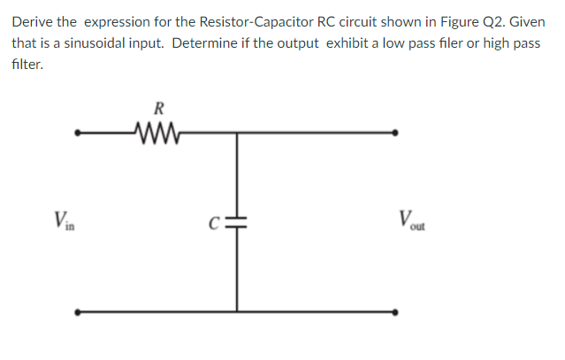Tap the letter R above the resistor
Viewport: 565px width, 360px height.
(158, 110)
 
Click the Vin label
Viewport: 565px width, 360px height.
(63, 219)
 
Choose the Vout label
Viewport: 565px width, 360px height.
(411, 219)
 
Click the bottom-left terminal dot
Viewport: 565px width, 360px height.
(77, 311)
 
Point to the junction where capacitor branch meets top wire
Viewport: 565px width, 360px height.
(236, 134)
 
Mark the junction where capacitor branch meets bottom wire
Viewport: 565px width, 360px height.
(236, 311)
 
